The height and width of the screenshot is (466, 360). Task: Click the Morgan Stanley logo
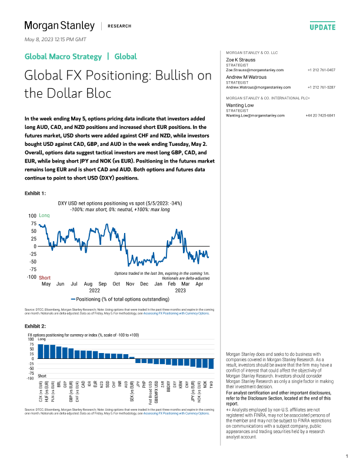pos(59,25)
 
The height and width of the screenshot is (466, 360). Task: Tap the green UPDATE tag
pos(322,27)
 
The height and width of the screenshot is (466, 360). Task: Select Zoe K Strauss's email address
pos(255,70)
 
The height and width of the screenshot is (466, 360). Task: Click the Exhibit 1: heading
pos(35,192)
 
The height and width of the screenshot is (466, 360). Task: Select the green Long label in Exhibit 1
pos(44,216)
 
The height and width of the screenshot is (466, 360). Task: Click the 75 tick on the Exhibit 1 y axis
pos(34,224)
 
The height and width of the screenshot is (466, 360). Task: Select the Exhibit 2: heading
pos(35,325)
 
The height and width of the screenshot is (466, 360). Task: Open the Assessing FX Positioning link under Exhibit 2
pos(176,414)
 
